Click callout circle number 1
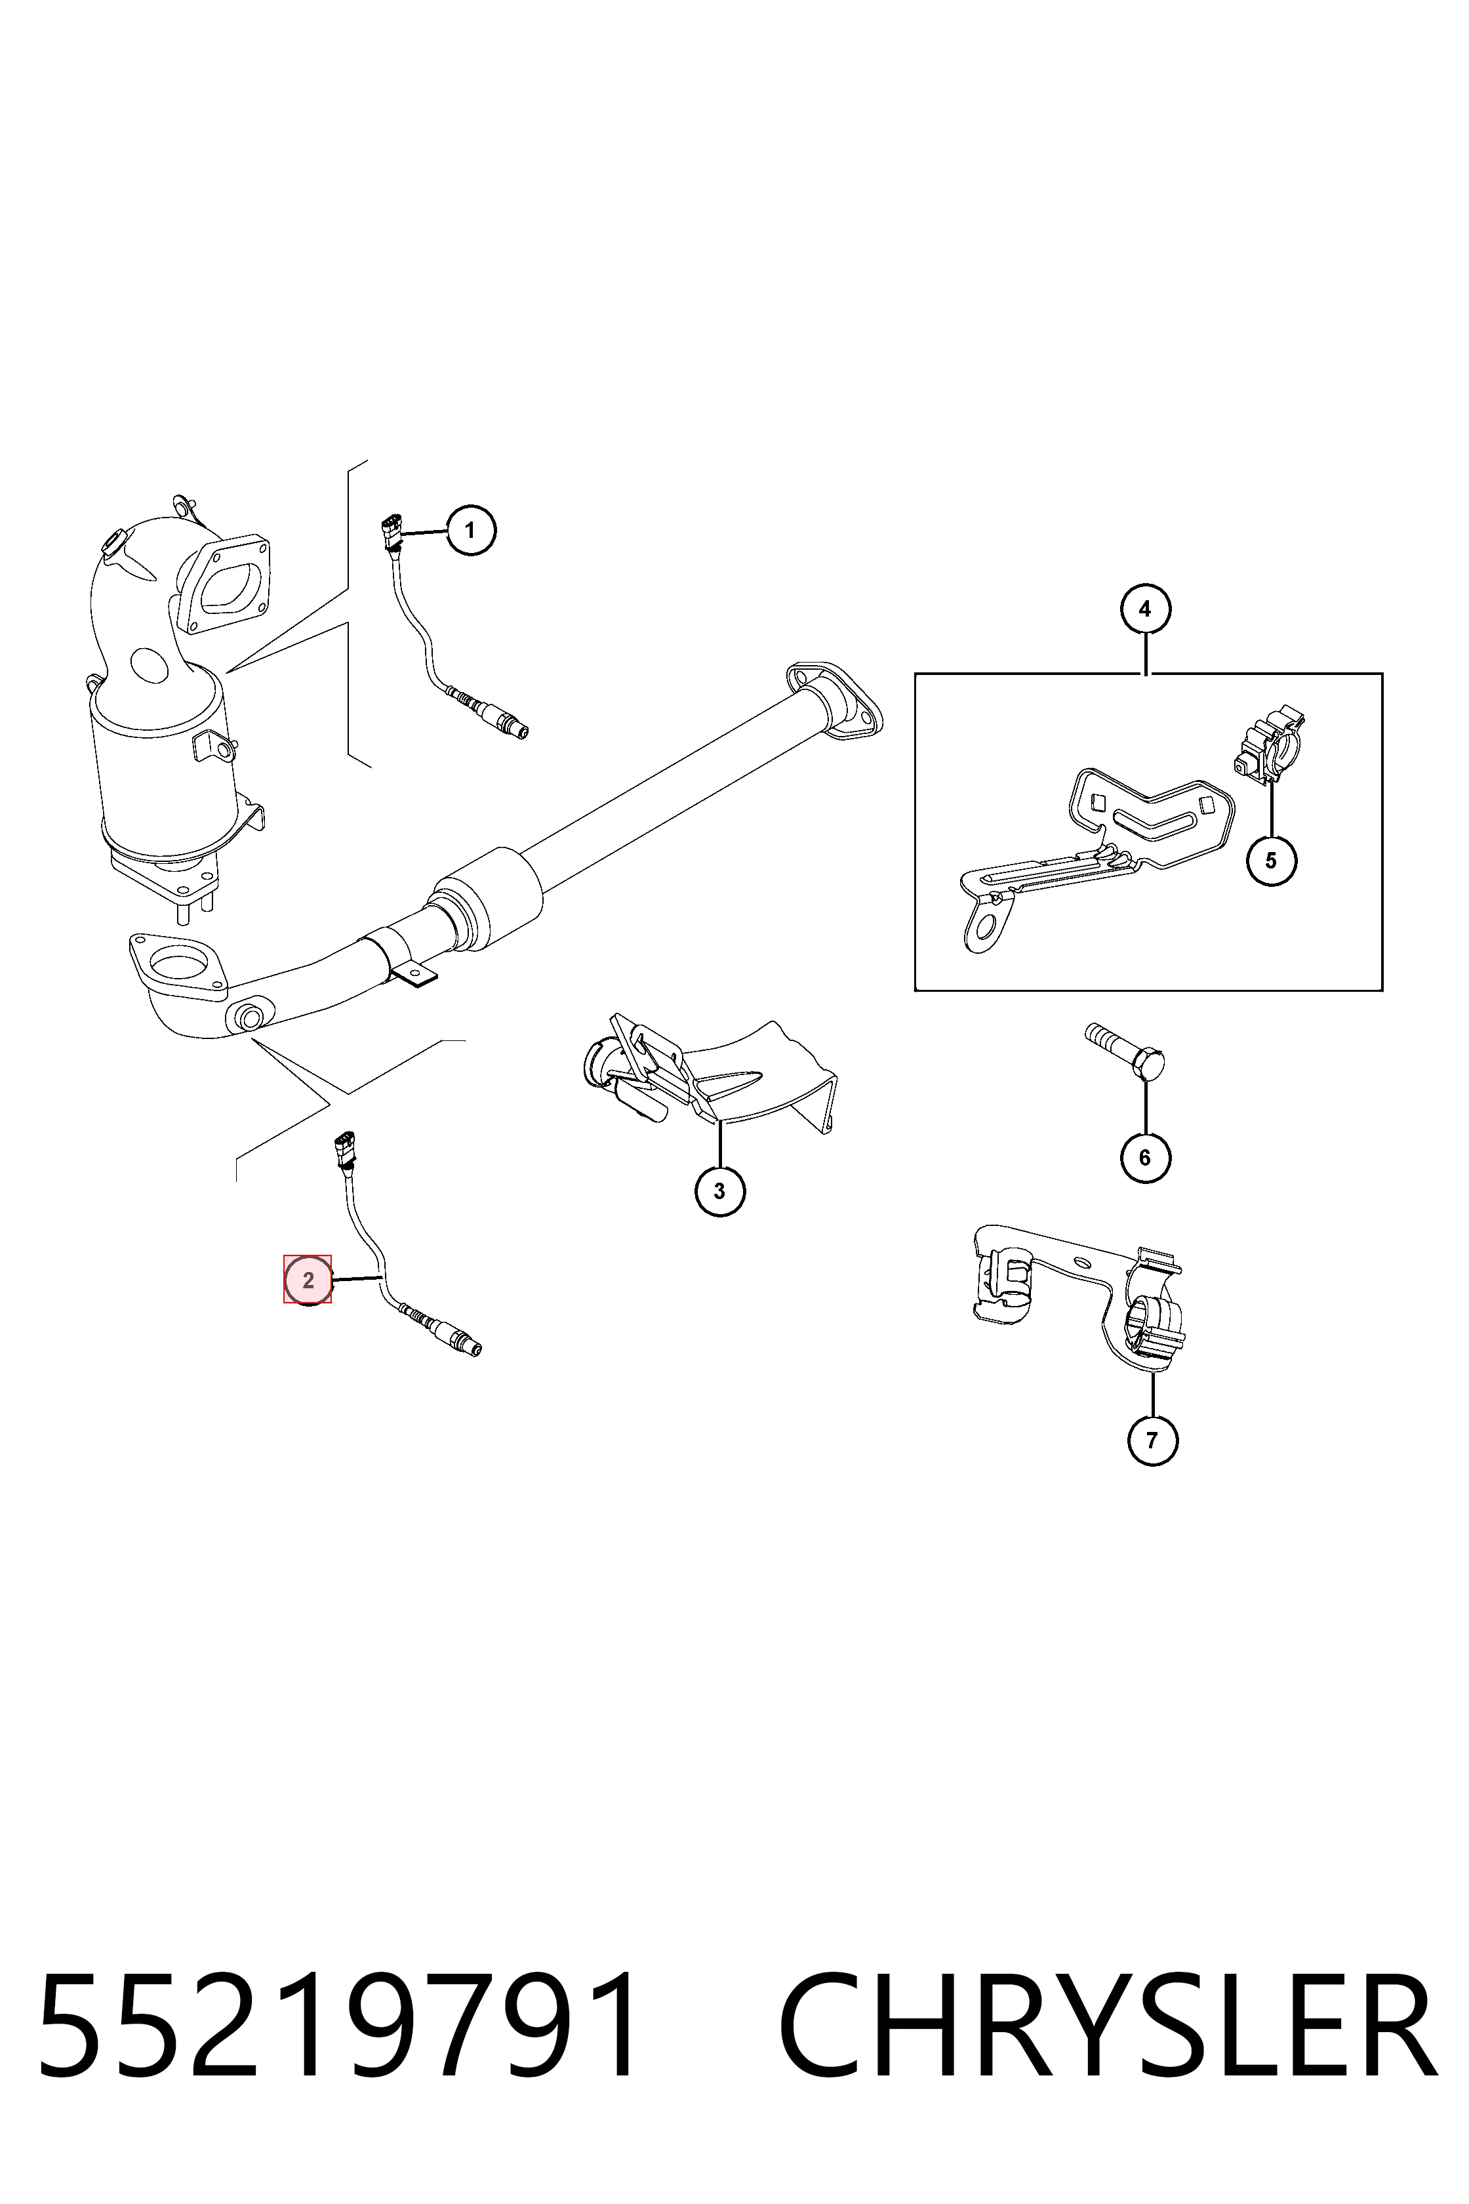470,531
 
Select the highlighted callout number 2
308,1279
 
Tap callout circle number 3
719,1191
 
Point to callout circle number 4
1145,610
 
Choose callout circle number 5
1272,859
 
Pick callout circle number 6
1145,1157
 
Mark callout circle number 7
1152,1439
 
